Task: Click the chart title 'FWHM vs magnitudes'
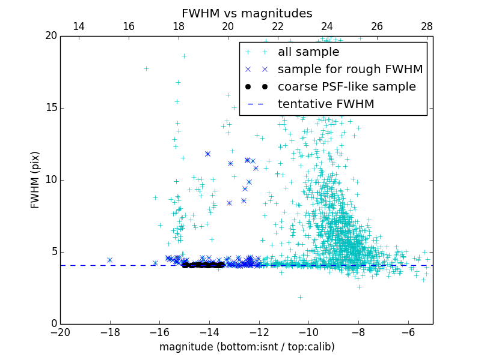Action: point(247,13)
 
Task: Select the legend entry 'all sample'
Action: point(308,52)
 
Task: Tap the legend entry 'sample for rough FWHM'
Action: point(350,70)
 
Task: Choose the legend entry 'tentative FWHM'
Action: point(325,104)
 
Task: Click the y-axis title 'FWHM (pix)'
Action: point(35,180)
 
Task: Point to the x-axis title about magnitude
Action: point(247,347)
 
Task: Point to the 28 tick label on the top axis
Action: point(427,27)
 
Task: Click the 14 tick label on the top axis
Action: point(79,27)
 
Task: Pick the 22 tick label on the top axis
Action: point(278,27)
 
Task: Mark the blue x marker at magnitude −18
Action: point(109,260)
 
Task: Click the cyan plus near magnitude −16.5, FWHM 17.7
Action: point(146,68)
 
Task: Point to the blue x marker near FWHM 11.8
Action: point(207,154)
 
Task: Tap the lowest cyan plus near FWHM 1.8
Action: point(300,297)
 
